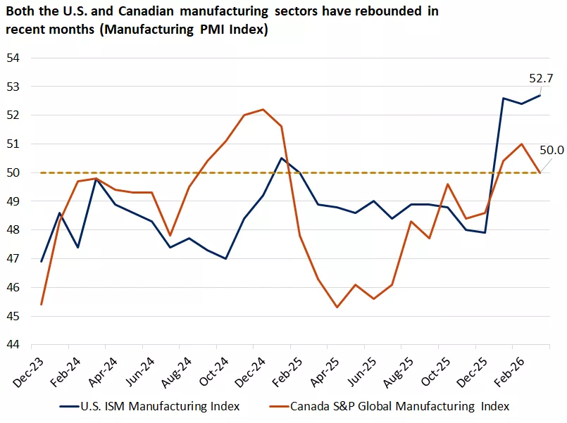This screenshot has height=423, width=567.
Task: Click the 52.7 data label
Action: [541, 78]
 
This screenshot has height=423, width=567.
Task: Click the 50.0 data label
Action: [552, 150]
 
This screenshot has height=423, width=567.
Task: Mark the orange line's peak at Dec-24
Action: [263, 109]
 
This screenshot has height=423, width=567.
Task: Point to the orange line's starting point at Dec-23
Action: [42, 304]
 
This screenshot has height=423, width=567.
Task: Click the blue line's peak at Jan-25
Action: [282, 158]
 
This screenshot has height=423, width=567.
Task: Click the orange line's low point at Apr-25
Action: [337, 307]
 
